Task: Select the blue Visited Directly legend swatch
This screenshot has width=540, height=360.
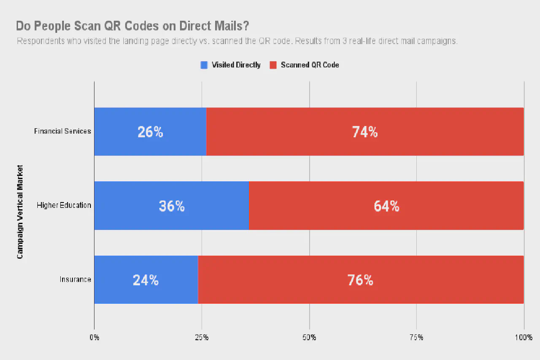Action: click(204, 65)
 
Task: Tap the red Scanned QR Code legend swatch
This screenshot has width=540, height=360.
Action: click(273, 65)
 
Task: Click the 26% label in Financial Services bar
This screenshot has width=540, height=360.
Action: click(150, 132)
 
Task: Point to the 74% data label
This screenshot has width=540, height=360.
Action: click(365, 132)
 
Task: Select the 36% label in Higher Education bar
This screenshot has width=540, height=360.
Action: click(171, 206)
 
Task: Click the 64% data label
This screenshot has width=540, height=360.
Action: click(387, 206)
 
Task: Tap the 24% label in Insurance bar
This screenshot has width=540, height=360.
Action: click(146, 280)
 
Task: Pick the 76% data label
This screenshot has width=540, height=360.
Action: click(360, 280)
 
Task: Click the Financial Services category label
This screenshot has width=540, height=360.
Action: click(63, 131)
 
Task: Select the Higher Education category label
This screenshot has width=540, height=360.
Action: click(64, 206)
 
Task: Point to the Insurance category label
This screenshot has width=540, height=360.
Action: click(76, 280)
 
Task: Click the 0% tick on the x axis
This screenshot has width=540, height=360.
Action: click(94, 337)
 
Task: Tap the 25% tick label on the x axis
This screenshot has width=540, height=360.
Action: click(202, 337)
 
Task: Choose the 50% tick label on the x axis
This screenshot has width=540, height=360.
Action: click(309, 337)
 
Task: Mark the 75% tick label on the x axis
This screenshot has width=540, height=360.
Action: click(416, 337)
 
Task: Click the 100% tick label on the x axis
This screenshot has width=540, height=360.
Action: click(524, 337)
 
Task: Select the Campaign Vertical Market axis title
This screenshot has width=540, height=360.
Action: click(20, 211)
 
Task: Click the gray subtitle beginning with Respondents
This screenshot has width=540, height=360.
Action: click(237, 41)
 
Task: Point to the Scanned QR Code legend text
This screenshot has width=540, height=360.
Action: click(310, 65)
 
